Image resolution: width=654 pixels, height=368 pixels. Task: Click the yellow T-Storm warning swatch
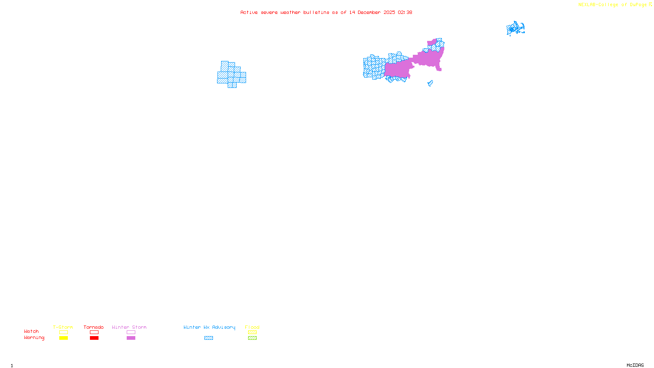pos(63,338)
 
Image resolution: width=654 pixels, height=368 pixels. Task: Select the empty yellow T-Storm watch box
pos(63,332)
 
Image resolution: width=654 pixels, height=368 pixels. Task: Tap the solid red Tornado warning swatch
pos(94,338)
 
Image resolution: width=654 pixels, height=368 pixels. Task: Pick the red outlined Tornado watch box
pos(94,332)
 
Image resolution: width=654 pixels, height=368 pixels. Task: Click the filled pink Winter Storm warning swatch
pos(131,338)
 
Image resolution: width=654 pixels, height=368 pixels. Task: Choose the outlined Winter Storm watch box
pos(131,332)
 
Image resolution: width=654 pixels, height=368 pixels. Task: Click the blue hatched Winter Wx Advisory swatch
pos(208,338)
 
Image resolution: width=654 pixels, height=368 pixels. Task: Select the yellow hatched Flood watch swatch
pos(252,332)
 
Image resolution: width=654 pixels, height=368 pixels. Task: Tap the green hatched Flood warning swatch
pos(252,338)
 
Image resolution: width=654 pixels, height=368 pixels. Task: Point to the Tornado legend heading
pos(94,327)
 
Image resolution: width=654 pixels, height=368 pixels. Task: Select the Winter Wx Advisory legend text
pos(209,327)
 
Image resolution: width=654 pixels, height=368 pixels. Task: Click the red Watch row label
pos(31,331)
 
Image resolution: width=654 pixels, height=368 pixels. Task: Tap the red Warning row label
pos(34,338)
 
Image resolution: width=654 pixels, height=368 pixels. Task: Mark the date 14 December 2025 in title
pos(372,12)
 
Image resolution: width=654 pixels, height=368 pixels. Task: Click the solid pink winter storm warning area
pos(427,59)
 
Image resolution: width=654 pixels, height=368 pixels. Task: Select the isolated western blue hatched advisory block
pos(231,75)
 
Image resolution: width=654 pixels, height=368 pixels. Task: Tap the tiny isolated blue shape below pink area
pos(430,83)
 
